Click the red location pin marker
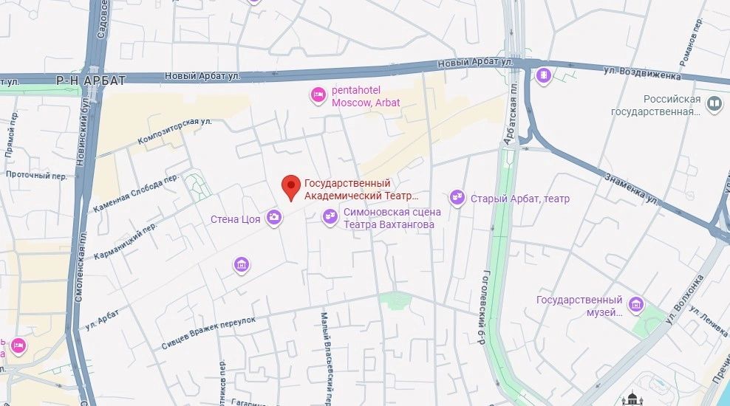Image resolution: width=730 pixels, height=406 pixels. [292, 187]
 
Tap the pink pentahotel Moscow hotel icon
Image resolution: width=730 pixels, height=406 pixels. [318, 94]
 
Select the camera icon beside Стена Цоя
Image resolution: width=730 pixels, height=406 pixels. [274, 216]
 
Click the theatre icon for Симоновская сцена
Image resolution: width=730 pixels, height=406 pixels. [330, 216]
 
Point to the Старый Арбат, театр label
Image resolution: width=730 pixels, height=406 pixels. [521, 199]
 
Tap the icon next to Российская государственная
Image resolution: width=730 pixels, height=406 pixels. [714, 104]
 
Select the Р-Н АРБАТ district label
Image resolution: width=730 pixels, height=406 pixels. [92, 80]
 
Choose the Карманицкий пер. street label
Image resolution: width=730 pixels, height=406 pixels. [125, 241]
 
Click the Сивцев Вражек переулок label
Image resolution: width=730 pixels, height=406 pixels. [208, 333]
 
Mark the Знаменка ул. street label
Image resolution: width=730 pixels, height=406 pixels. [632, 188]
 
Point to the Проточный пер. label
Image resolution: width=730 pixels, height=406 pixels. [36, 176]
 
